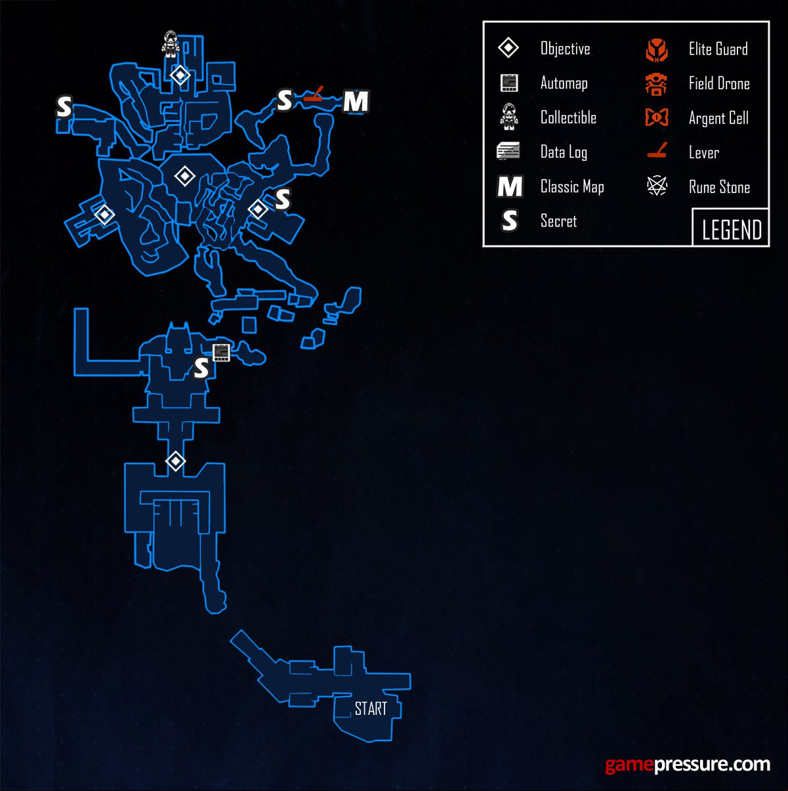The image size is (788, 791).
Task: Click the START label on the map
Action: (x=371, y=708)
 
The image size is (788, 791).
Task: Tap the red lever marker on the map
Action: (x=314, y=94)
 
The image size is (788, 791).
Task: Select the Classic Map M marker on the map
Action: (x=356, y=101)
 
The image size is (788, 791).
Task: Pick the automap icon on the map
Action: (x=221, y=353)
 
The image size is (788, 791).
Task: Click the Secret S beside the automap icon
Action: (x=201, y=368)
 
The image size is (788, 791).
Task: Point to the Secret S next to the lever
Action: (x=284, y=100)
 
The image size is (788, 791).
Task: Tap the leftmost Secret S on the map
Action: (x=64, y=107)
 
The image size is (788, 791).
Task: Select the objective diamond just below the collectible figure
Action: (x=180, y=75)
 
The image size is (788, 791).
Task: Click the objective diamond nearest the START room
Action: (x=176, y=461)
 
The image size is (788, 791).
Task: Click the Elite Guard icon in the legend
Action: (x=657, y=50)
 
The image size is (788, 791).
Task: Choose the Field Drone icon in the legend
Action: (x=656, y=84)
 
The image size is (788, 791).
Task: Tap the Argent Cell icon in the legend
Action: (x=657, y=118)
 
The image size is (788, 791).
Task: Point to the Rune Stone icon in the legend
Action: (x=657, y=186)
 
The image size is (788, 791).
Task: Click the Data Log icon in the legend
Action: (x=508, y=151)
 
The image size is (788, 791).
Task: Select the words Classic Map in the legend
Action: (x=572, y=187)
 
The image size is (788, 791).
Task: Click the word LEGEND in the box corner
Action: (x=732, y=230)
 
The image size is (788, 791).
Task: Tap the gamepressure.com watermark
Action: (x=688, y=765)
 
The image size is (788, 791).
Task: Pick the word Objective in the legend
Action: (x=565, y=49)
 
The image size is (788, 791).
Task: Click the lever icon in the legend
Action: (x=657, y=150)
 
